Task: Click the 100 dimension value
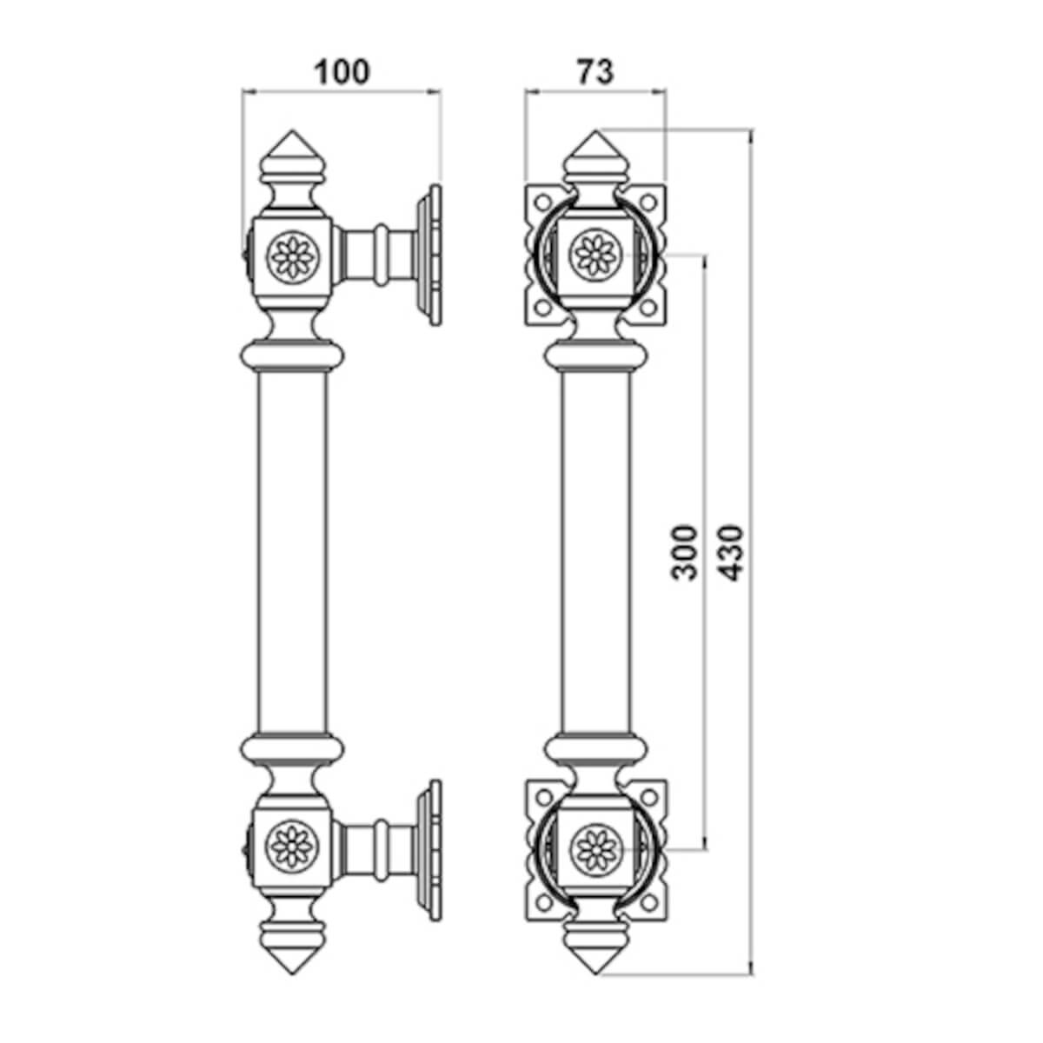342,72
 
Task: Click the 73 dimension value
595,72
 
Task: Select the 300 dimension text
684,552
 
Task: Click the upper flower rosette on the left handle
293,256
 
